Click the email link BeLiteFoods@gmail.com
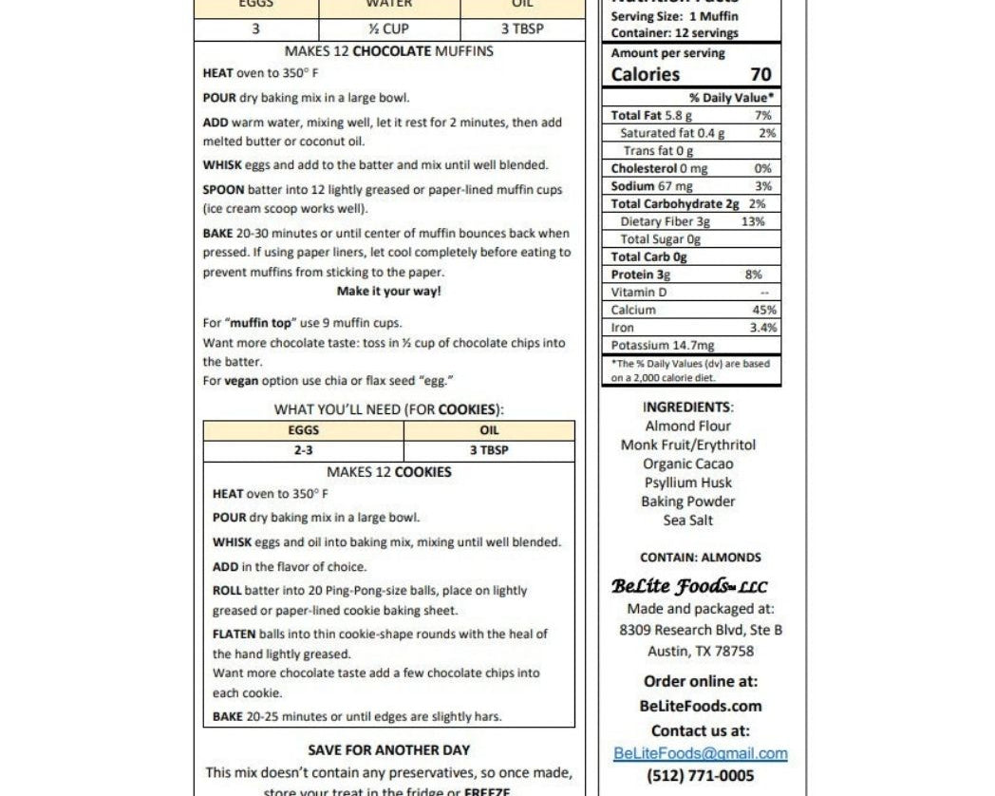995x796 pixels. (700, 753)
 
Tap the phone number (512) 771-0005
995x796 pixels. (700, 776)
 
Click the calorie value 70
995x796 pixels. (760, 74)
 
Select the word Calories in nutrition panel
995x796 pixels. (646, 74)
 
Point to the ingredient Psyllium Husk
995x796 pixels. (687, 483)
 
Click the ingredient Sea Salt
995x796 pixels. (687, 520)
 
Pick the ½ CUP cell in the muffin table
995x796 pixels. (388, 28)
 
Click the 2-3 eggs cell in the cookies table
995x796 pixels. (303, 450)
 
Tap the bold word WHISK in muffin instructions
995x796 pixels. (223, 165)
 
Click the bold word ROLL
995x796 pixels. (227, 590)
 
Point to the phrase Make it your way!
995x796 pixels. (388, 292)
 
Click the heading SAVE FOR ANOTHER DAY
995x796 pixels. (388, 749)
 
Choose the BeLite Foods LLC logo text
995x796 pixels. (689, 586)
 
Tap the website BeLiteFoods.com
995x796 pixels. (700, 706)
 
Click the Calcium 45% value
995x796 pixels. (763, 310)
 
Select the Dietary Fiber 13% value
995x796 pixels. (753, 221)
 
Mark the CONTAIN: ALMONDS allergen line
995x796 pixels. (700, 558)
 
